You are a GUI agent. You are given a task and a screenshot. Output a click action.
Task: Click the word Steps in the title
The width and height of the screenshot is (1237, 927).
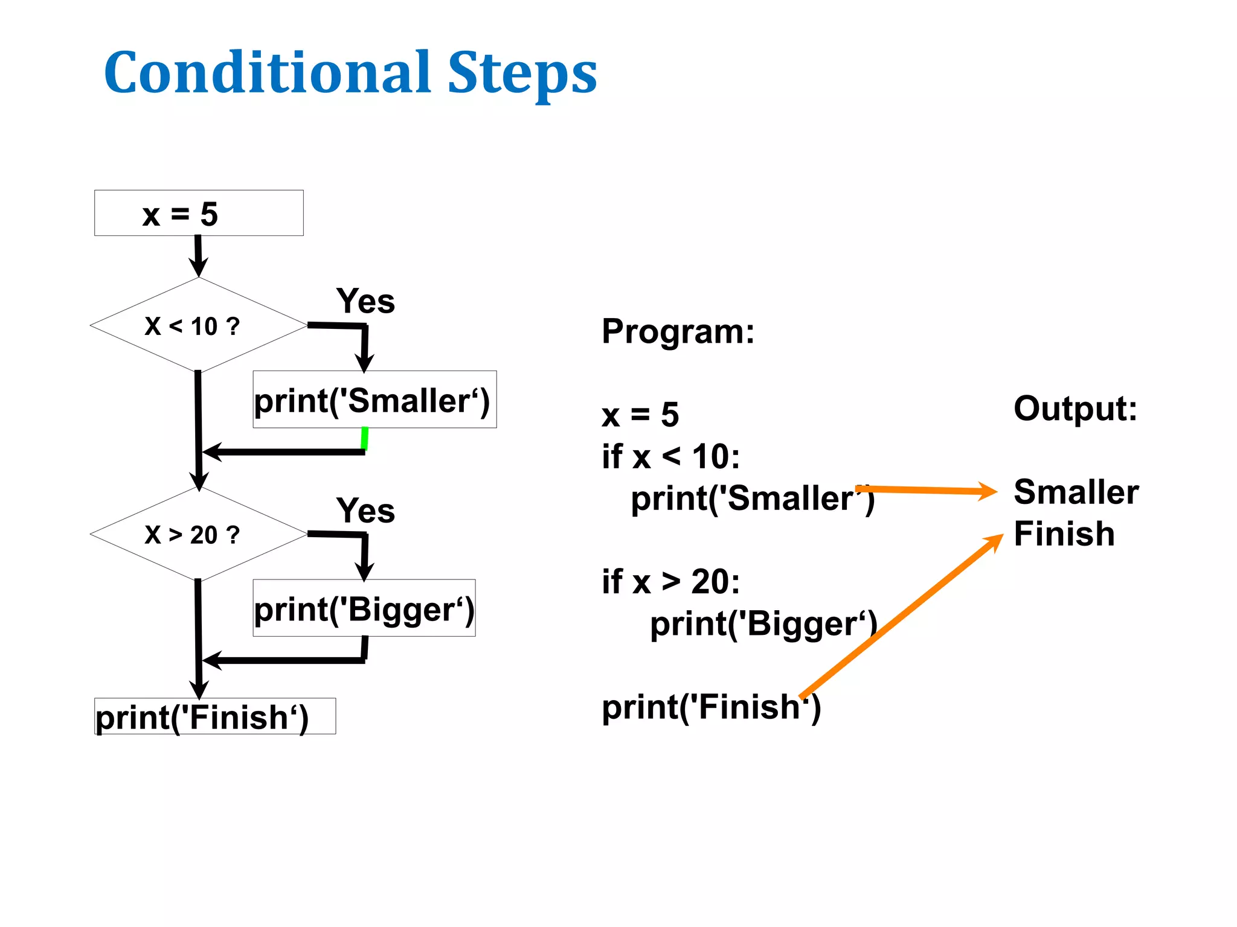(x=522, y=74)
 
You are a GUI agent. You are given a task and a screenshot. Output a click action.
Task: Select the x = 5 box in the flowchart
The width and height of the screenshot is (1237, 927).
(x=199, y=213)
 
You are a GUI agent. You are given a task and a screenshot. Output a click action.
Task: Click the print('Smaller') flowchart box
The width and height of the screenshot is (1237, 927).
(x=374, y=400)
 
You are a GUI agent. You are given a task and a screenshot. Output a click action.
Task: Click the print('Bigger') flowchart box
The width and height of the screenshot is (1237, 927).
(x=364, y=608)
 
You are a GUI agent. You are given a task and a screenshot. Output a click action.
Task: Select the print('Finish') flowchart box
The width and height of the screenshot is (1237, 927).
(x=214, y=716)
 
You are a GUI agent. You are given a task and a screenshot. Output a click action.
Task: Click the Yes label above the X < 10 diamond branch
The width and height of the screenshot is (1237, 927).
(x=365, y=301)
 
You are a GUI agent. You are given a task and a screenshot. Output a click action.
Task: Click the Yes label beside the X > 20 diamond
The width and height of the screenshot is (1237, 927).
(x=365, y=510)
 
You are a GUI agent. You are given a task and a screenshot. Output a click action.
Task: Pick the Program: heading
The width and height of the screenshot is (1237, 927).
(x=678, y=331)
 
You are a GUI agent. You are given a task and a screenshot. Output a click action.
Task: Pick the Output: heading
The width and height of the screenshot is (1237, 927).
(x=1075, y=409)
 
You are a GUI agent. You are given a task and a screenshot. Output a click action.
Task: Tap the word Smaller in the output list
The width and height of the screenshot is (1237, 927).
(x=1076, y=491)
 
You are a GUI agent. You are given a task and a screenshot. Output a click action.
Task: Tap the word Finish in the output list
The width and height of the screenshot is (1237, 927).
(x=1064, y=534)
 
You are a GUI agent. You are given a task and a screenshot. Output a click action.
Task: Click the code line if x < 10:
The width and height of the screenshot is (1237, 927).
(x=670, y=456)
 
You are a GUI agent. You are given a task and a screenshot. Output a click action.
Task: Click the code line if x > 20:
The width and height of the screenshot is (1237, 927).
(x=670, y=582)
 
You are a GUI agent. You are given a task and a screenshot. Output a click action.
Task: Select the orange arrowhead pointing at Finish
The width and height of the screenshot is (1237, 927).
(x=994, y=541)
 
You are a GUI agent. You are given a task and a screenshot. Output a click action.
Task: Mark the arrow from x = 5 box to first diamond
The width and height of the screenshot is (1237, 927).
(x=198, y=256)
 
